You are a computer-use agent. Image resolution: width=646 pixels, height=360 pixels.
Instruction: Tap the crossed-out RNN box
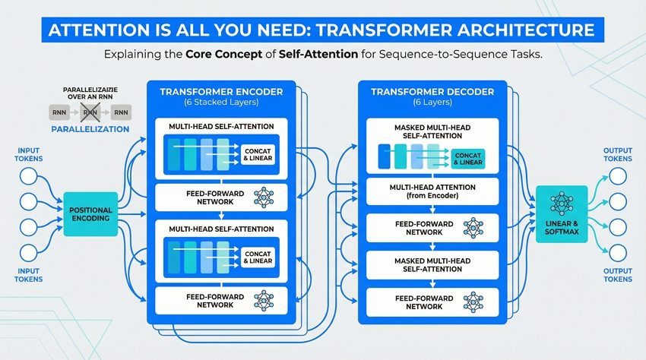point(90,112)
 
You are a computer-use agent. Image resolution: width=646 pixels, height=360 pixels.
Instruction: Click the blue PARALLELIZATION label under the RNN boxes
point(90,129)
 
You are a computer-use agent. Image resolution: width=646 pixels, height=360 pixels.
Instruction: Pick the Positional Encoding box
point(90,213)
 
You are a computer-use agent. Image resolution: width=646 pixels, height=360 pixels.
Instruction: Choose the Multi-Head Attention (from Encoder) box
point(432,192)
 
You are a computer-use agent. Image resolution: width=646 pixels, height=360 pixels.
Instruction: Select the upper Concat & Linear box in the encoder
point(258,153)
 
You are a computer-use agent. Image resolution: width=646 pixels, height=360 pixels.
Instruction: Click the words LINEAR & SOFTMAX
point(562,226)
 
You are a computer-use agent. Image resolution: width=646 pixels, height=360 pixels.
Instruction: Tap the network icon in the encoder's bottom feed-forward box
point(264,299)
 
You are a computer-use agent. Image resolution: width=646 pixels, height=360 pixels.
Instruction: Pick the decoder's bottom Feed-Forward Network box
point(432,302)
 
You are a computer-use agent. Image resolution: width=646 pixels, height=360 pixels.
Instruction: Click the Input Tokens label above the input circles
point(28,155)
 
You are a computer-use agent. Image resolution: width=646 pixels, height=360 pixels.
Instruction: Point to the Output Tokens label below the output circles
point(617,275)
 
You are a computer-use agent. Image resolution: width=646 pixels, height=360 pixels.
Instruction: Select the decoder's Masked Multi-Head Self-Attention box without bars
point(432,265)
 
